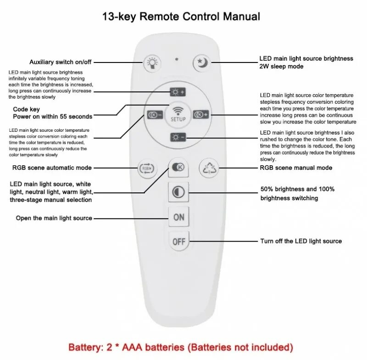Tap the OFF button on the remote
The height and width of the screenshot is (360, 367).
(178, 241)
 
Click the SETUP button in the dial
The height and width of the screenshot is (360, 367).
(178, 113)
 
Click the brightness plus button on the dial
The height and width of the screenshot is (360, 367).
(178, 92)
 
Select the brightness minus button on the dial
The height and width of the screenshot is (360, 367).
(178, 137)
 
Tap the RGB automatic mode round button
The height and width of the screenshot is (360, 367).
(148, 168)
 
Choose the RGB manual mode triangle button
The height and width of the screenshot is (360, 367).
(209, 168)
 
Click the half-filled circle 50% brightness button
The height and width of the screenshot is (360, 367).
(178, 192)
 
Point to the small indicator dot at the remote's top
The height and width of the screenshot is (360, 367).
(177, 59)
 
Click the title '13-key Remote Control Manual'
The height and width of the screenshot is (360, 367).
(181, 17)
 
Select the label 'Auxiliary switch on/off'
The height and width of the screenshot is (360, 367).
(61, 62)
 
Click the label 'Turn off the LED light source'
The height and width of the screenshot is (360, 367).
(301, 241)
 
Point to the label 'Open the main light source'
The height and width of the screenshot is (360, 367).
(54, 218)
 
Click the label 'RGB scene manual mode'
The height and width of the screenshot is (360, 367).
(296, 168)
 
